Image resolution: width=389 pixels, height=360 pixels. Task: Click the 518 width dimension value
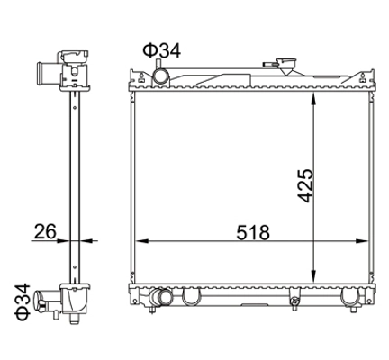point(253,232)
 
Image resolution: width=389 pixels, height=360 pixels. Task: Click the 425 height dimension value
point(306,185)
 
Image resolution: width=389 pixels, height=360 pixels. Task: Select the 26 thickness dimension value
point(45,231)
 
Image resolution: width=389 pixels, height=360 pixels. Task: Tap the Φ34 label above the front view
point(162,50)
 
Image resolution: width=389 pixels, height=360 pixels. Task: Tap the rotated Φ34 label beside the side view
point(23,301)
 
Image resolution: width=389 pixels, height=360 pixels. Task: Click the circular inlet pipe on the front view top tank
point(161,76)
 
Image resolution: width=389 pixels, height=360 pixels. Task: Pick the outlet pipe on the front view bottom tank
point(160,297)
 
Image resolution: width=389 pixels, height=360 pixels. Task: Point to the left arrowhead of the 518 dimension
point(142,241)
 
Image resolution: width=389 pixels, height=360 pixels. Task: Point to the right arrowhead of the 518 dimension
point(362,241)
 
